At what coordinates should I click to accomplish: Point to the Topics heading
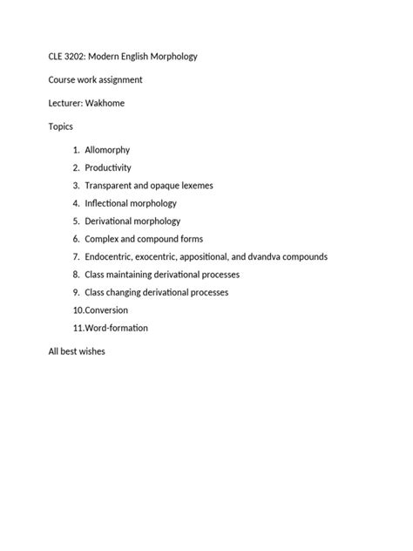(61, 126)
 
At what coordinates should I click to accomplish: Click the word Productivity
(108, 167)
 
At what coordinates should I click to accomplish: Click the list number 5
(76, 221)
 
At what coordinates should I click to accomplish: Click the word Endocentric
(112, 256)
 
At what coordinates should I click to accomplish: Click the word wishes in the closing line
(91, 351)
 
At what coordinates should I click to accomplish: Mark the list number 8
(76, 275)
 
